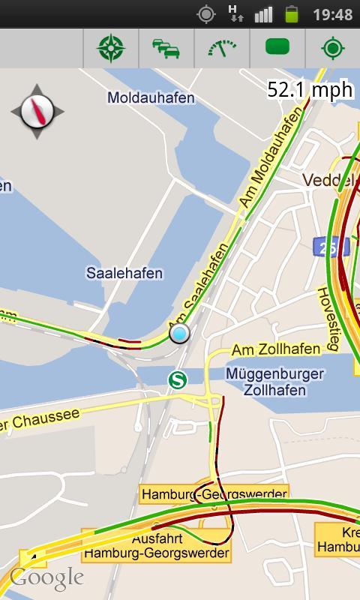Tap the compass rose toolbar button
111,49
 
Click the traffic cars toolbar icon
166,49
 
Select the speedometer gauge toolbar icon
222,49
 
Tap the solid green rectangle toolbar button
277,49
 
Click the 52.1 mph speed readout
310,90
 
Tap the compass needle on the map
37,112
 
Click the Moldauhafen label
151,97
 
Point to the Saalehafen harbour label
124,273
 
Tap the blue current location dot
179,333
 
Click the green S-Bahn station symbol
178,380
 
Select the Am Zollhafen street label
276,349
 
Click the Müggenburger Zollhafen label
274,382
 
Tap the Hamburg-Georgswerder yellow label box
214,494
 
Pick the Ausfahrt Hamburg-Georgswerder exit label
157,546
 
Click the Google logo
46,578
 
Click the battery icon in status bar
292,14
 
